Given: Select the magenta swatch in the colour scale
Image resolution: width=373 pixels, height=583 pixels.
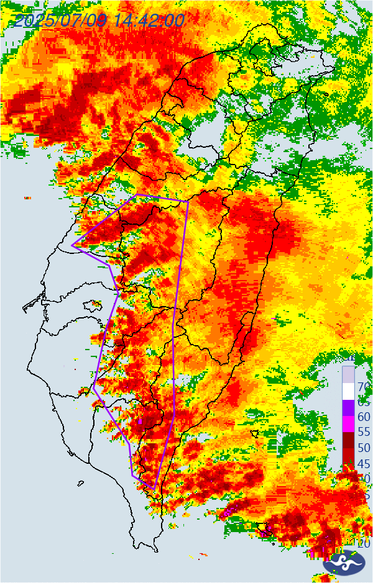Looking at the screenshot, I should pyautogui.click(x=348, y=423).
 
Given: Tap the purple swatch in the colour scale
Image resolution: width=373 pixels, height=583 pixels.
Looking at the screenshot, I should pyautogui.click(x=348, y=408).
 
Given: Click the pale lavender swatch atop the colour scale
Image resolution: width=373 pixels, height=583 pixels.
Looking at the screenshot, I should pyautogui.click(x=348, y=374).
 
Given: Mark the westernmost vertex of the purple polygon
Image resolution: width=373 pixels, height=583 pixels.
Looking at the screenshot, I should pyautogui.click(x=72, y=245).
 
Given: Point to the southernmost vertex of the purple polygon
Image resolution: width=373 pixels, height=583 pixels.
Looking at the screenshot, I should pyautogui.click(x=153, y=489).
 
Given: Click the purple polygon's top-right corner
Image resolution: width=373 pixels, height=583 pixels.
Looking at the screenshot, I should pyautogui.click(x=188, y=201).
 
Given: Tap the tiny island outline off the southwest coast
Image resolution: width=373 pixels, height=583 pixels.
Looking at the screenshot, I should pyautogui.click(x=81, y=483).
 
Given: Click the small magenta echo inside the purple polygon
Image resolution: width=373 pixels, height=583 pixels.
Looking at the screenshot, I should pyautogui.click(x=140, y=422).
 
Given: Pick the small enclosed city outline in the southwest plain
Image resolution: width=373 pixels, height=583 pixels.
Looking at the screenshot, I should pyautogui.click(x=94, y=304).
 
